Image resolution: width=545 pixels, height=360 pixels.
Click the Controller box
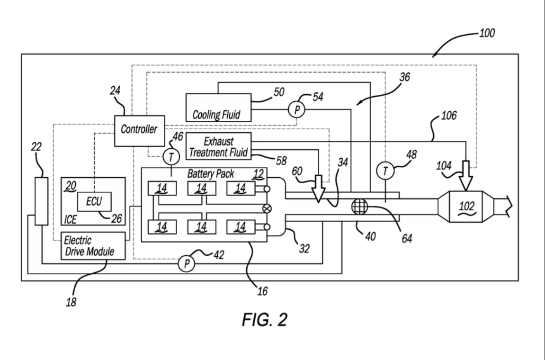(139, 130)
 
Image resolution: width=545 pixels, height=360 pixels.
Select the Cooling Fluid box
(217, 108)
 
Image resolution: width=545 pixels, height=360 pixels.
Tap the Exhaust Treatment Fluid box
(219, 145)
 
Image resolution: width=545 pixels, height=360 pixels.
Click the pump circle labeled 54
(297, 110)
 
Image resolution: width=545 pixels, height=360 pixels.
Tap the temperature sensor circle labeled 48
(385, 170)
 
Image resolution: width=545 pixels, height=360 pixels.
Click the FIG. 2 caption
(264, 320)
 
